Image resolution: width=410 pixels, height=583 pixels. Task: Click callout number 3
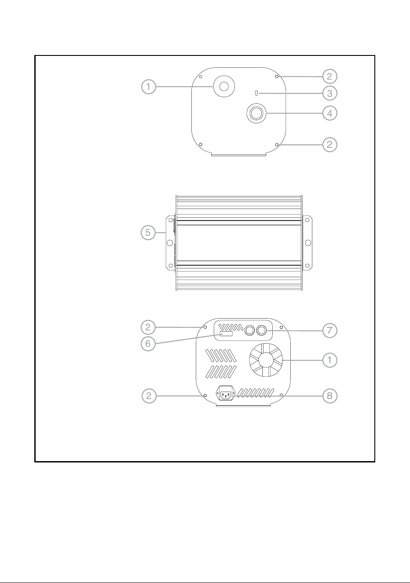click(329, 93)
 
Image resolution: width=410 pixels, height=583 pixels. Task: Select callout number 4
click(329, 113)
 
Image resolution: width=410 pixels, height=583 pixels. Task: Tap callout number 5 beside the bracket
click(148, 232)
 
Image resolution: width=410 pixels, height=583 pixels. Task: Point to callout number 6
click(148, 344)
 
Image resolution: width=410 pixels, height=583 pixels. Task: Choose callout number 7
click(329, 330)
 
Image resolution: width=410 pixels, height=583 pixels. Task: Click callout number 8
click(329, 396)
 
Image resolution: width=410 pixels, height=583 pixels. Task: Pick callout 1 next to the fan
click(329, 360)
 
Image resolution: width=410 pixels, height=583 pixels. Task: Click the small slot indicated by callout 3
click(256, 93)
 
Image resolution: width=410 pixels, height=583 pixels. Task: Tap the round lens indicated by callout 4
click(256, 113)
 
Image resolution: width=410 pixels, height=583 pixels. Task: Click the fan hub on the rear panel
click(266, 360)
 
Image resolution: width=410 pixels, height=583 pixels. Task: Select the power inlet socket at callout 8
click(226, 396)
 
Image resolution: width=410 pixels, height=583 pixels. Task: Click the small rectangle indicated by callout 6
click(226, 334)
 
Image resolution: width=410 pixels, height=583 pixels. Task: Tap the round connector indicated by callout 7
click(261, 330)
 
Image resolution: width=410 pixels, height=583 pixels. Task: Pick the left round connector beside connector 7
click(249, 330)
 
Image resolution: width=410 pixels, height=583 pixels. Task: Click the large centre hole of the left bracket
click(169, 243)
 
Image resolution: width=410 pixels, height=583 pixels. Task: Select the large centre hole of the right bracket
click(308, 243)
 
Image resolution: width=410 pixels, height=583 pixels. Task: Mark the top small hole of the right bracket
click(307, 220)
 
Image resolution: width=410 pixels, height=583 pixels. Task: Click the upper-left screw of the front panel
click(200, 77)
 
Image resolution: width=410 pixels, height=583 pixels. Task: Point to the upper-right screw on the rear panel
click(281, 327)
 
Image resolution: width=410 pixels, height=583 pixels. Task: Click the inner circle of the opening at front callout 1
click(224, 86)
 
